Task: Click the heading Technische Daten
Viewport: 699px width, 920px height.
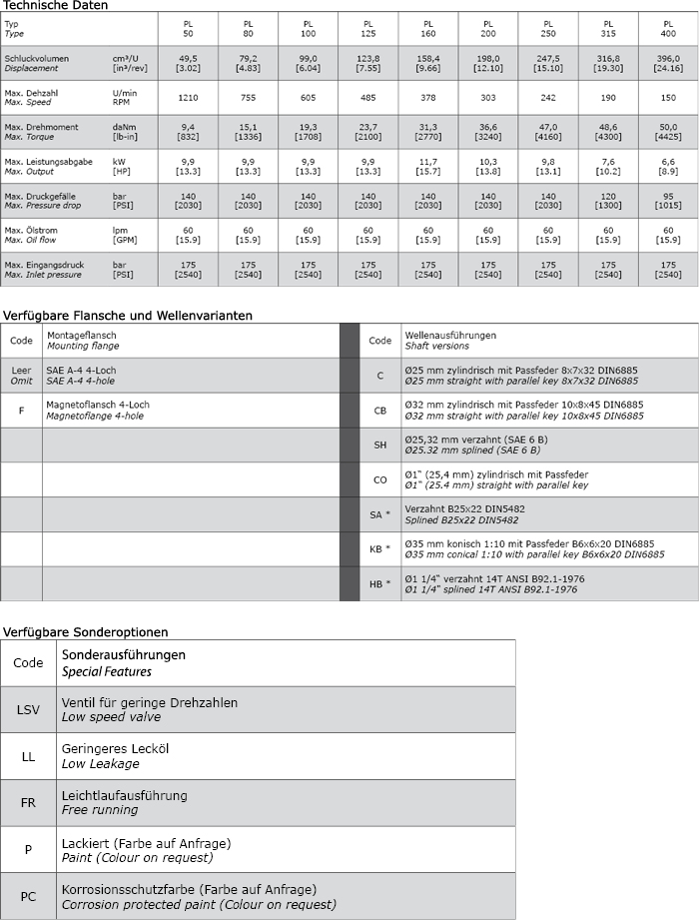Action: point(55,5)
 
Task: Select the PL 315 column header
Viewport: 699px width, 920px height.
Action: point(608,27)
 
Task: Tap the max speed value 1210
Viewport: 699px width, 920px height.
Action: point(188,98)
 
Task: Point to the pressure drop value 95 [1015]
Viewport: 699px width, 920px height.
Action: point(668,201)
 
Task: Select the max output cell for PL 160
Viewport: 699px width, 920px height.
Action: point(428,166)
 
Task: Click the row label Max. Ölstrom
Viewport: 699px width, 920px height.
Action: point(30,231)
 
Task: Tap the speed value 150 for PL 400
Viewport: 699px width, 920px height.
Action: point(668,98)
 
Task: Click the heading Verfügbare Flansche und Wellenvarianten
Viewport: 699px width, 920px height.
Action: point(127,315)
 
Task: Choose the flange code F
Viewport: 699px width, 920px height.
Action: point(21,410)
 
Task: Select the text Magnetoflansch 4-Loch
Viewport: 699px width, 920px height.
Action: point(97,405)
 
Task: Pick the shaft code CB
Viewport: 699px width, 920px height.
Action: point(379,411)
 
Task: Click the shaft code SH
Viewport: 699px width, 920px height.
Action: point(379,445)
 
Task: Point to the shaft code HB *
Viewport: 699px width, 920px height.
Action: point(379,583)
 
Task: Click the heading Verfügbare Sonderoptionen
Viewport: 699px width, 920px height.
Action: point(84,631)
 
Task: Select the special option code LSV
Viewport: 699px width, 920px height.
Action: point(29,709)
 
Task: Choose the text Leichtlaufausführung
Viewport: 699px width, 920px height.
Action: point(125,796)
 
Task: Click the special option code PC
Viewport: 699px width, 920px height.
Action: point(29,896)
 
